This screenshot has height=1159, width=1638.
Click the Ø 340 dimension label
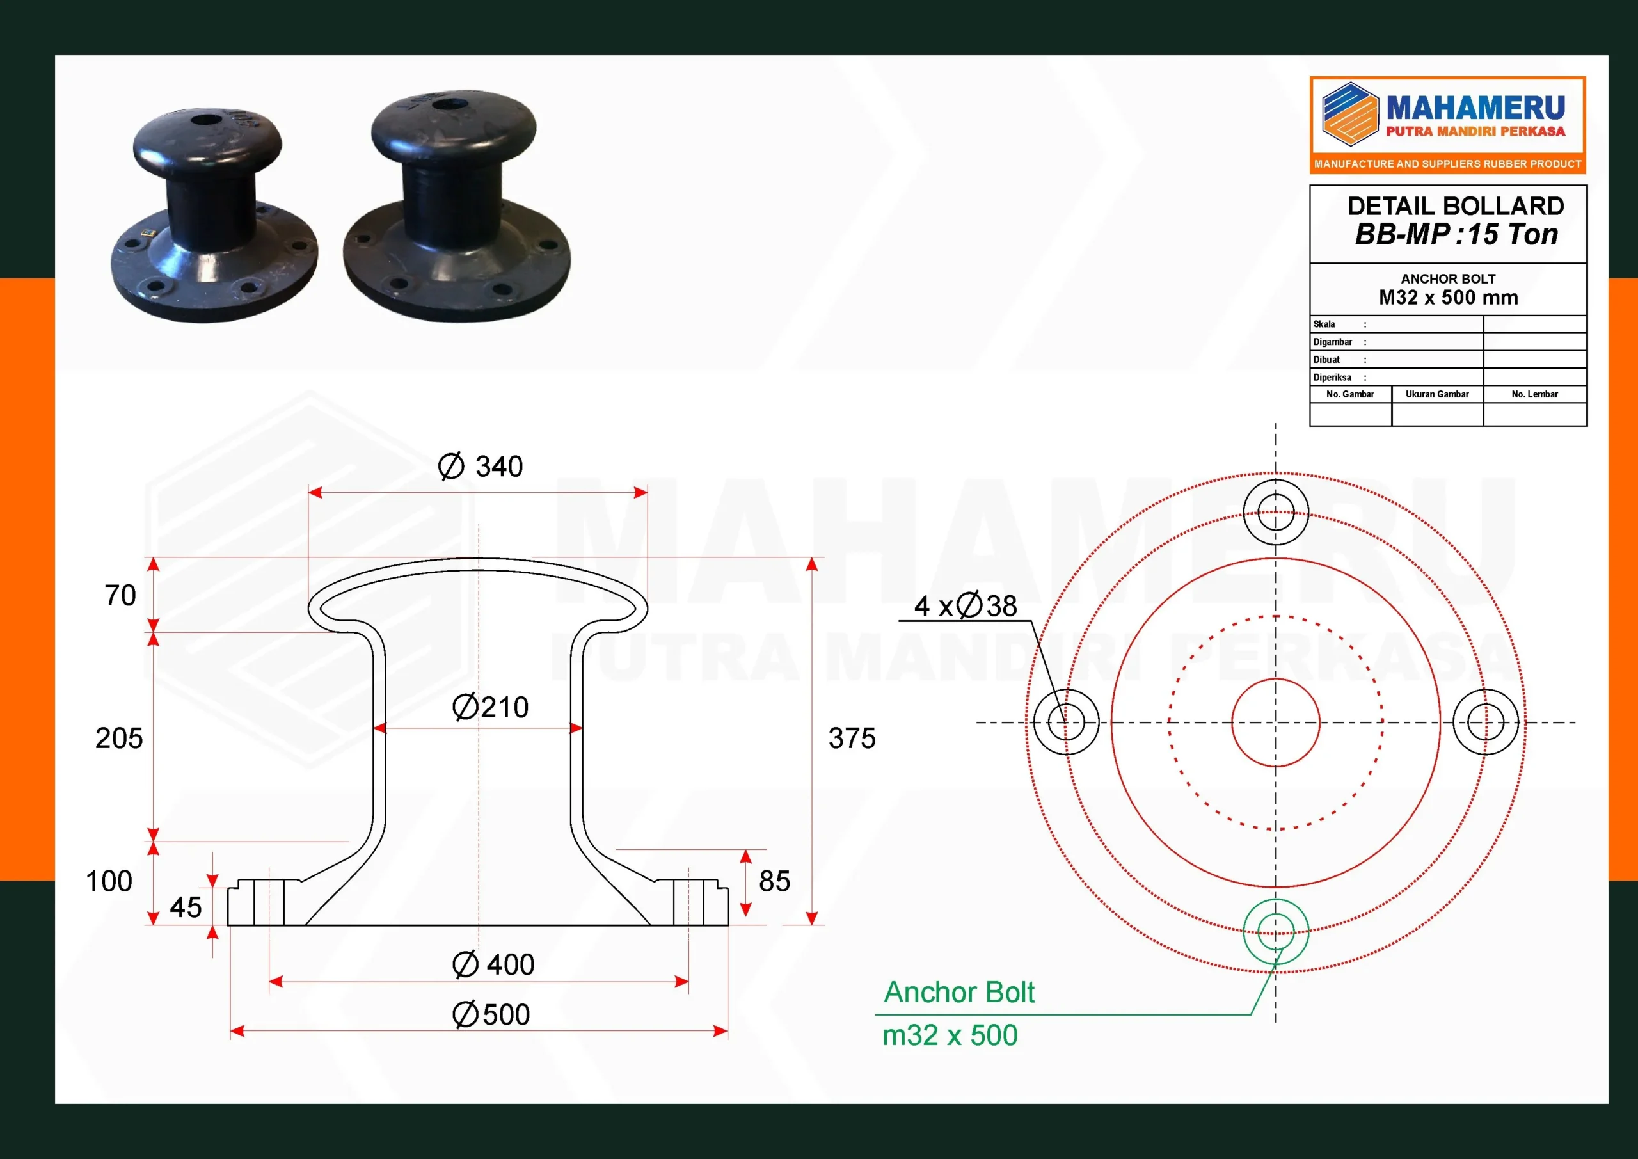click(x=481, y=466)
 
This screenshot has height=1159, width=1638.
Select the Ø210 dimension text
click(x=491, y=707)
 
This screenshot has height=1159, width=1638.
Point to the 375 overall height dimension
click(x=852, y=738)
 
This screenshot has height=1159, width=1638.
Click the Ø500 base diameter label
click(x=491, y=1014)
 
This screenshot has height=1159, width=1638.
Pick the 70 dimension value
click(x=120, y=595)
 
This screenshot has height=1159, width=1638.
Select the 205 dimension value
click(x=119, y=738)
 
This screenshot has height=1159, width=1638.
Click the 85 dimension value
click(x=774, y=881)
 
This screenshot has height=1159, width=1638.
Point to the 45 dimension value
click(x=186, y=907)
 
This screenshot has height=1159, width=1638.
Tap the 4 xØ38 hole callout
click(x=966, y=605)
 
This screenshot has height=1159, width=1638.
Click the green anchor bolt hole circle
click(x=1276, y=931)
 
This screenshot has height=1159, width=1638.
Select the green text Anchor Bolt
click(x=959, y=991)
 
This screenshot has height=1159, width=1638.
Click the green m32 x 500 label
click(x=950, y=1035)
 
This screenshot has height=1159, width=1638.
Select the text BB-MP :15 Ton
click(x=1456, y=234)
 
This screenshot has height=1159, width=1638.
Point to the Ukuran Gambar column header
click(x=1437, y=394)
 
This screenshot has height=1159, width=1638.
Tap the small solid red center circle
click(x=1276, y=723)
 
